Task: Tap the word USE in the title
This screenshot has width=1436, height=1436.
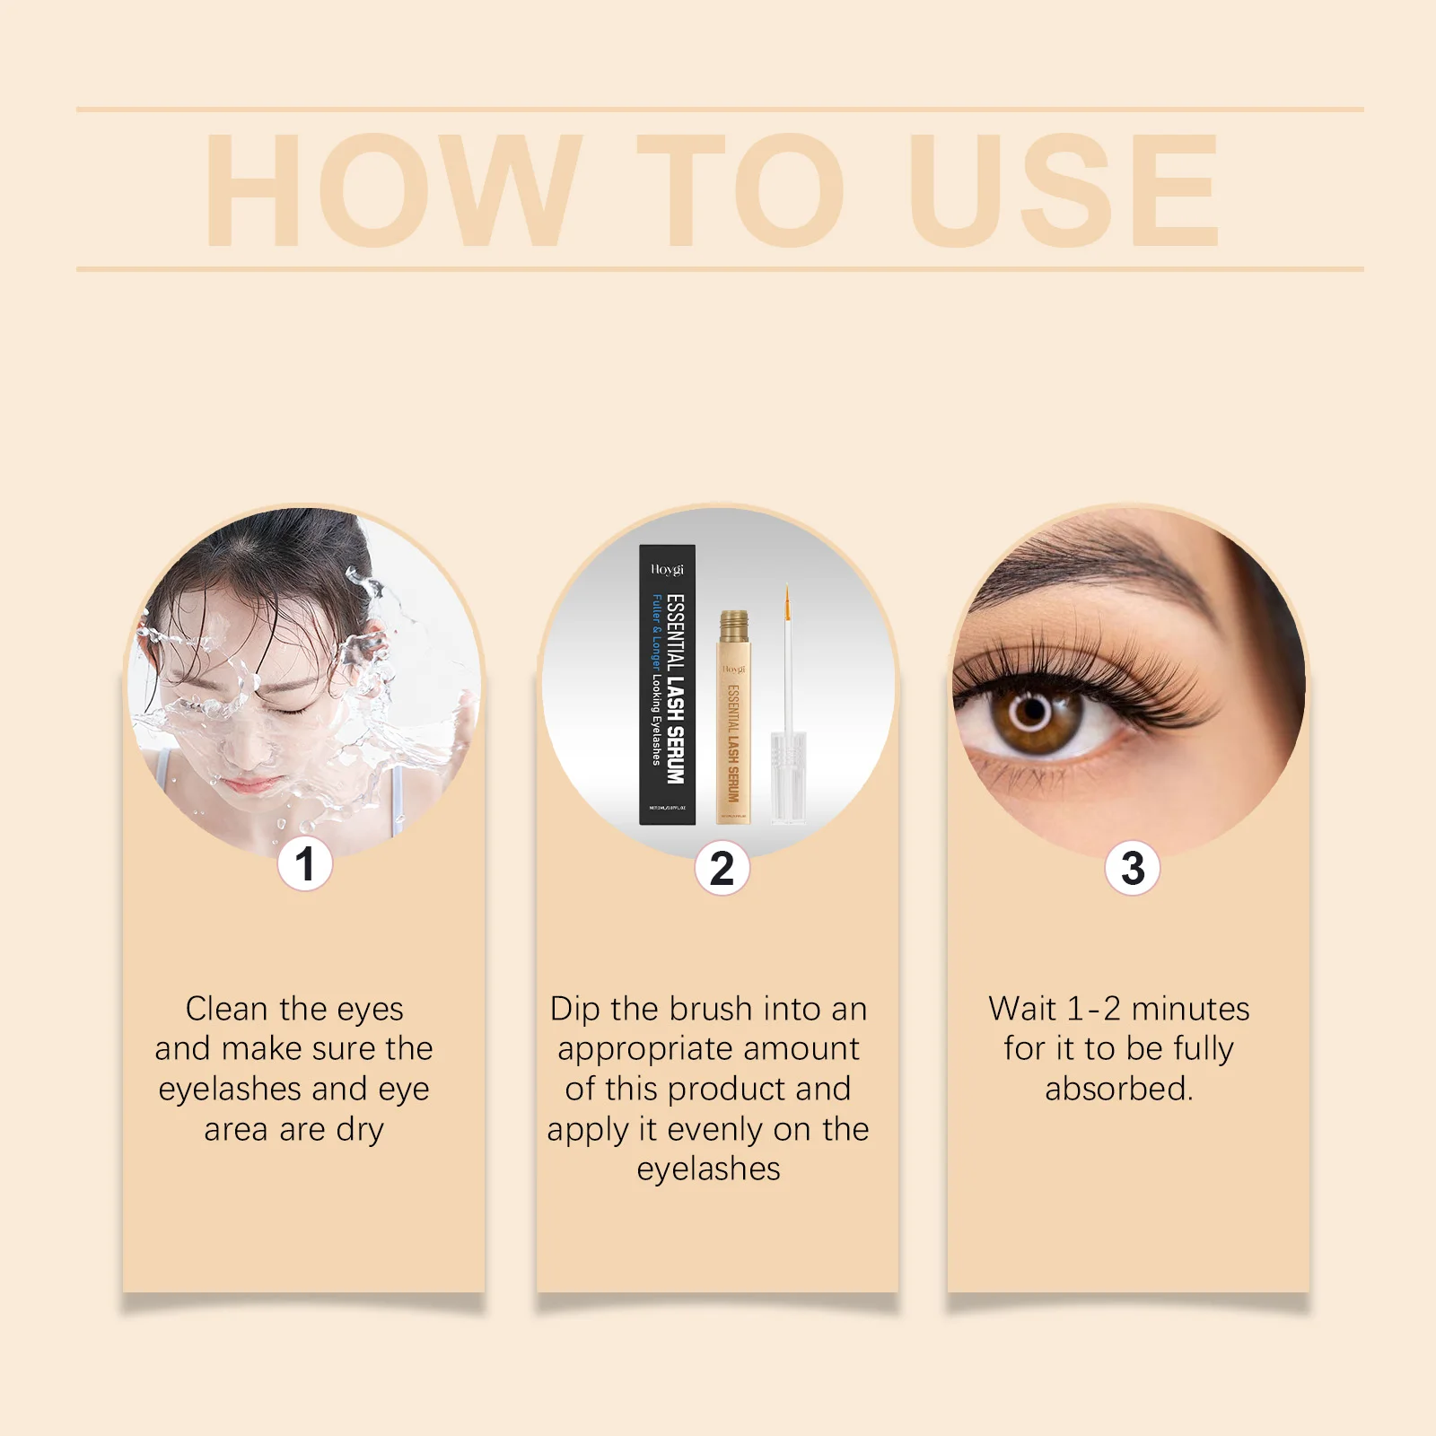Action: (x=1064, y=190)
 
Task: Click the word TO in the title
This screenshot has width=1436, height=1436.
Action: (x=740, y=190)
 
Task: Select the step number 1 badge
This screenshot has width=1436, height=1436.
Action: (x=304, y=863)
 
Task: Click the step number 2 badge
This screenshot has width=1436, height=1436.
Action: (x=722, y=868)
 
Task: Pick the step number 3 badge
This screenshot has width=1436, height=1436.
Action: (x=1133, y=868)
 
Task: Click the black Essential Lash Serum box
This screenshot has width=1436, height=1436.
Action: (x=667, y=685)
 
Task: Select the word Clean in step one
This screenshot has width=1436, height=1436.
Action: (x=225, y=1009)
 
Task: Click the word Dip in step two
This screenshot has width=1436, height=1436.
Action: (x=574, y=1009)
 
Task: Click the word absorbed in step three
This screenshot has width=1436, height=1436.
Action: (x=1118, y=1089)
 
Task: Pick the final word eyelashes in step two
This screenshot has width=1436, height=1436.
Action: (x=708, y=1169)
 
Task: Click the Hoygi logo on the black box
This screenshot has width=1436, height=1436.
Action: (x=667, y=569)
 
